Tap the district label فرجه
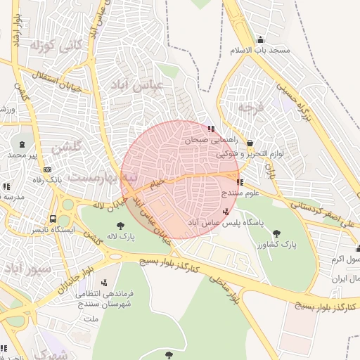pyautogui.click(x=250, y=107)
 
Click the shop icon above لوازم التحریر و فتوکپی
pyautogui.click(x=250, y=143)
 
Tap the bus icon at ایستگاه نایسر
pyautogui.click(x=53, y=218)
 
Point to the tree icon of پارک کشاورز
pyautogui.click(x=276, y=233)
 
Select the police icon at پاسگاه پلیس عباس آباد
pyautogui.click(x=225, y=212)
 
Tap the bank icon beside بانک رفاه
pyautogui.click(x=47, y=169)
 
